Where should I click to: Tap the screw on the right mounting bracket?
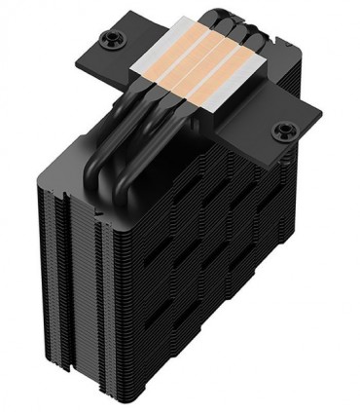coord(287,131)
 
